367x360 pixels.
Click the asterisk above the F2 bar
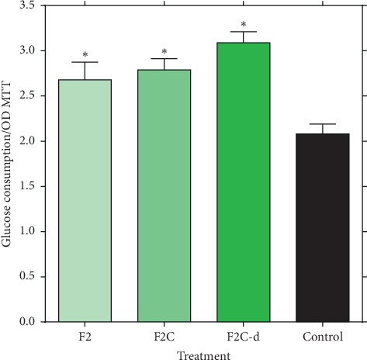(85, 55)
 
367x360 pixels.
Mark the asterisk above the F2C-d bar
(243, 26)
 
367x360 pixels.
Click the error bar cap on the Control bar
(322, 124)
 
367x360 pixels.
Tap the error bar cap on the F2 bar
(85, 62)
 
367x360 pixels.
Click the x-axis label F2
(85, 337)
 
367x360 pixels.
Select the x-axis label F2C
(164, 337)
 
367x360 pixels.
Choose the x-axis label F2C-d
(243, 337)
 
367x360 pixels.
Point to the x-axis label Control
(322, 337)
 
